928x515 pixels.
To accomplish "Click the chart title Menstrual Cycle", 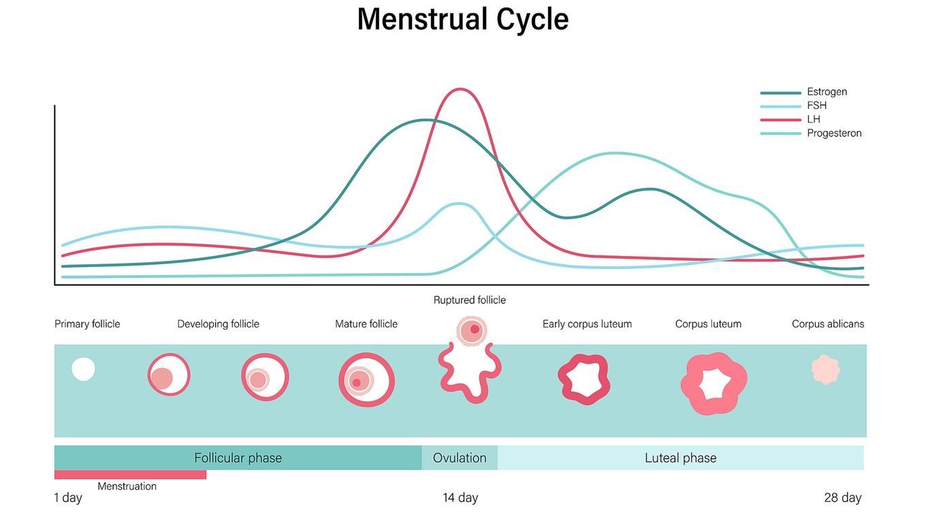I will [x=462, y=19].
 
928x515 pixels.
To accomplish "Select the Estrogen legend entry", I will [x=827, y=92].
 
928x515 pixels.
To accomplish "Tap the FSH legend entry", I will [x=816, y=106].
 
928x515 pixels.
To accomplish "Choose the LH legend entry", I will [x=814, y=119].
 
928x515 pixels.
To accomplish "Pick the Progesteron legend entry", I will [x=834, y=134].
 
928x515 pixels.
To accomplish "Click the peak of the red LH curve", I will [x=461, y=89].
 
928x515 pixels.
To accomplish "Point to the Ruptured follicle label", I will [x=469, y=300].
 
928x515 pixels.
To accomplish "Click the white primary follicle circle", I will [x=84, y=369].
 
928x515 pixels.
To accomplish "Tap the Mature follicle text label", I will [x=366, y=324].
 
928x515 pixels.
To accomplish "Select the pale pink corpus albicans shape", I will [x=825, y=369].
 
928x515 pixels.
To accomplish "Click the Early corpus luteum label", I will [x=587, y=324].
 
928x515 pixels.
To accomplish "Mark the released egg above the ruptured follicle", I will [x=471, y=330].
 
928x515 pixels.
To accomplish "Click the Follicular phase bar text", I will [x=238, y=458].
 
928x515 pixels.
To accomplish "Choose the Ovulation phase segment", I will [x=460, y=458].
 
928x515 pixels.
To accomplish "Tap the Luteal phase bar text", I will [x=680, y=458].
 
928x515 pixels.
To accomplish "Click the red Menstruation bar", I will [x=130, y=475].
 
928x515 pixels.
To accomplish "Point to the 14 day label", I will [x=460, y=498].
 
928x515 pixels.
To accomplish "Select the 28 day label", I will [x=842, y=498].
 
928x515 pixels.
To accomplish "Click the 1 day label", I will [x=68, y=498].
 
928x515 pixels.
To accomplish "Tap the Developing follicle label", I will [x=218, y=324].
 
